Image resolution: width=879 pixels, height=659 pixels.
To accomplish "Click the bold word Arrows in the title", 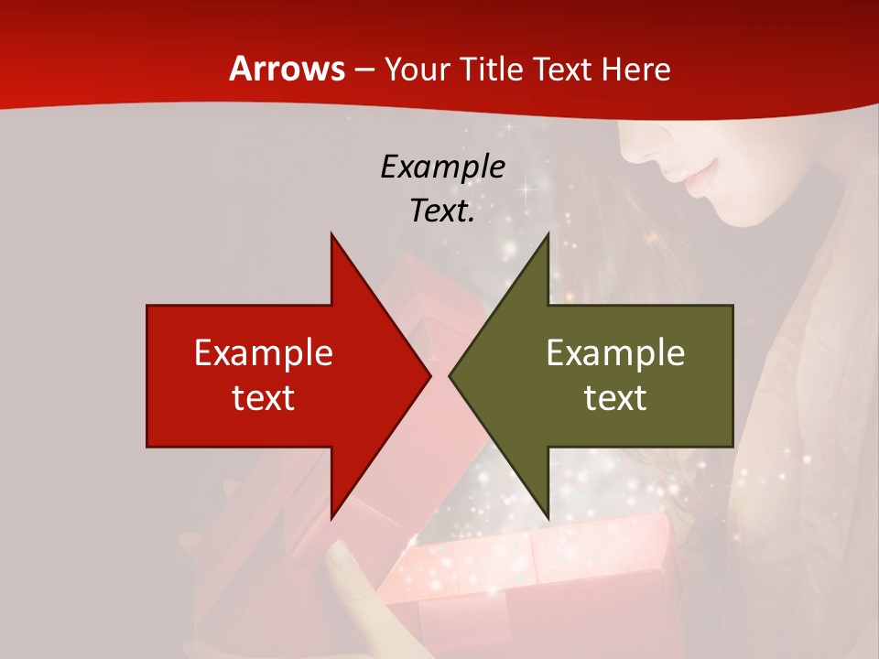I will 288,69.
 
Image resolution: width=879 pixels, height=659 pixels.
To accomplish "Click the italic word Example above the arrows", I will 442,167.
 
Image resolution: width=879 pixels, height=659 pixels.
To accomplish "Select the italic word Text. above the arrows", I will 442,211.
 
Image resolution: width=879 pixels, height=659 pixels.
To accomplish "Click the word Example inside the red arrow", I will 264,352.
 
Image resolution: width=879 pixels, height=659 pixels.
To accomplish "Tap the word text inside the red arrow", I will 264,397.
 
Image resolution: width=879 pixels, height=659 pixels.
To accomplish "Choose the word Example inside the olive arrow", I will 615,352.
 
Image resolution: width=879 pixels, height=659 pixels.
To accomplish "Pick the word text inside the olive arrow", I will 615,397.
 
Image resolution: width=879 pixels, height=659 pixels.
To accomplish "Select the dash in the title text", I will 364,70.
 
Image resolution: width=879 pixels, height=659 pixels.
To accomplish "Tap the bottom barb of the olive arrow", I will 547,515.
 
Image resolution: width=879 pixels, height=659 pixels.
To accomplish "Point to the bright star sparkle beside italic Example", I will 526,189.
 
